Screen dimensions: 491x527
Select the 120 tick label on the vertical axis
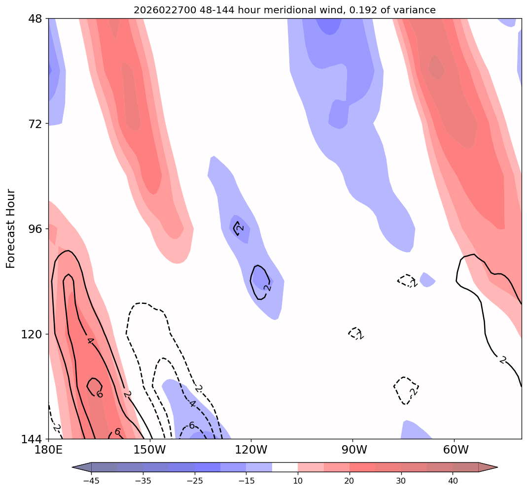[34, 334]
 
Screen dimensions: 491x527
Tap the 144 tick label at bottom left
[34, 439]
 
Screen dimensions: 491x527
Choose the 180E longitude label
[48, 450]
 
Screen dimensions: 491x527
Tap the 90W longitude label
[352, 450]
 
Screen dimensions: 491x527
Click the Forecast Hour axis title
[11, 229]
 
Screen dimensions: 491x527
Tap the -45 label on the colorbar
[91, 481]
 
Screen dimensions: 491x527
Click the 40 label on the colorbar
[453, 481]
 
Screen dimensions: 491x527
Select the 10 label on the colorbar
[298, 481]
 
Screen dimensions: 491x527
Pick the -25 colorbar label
[194, 481]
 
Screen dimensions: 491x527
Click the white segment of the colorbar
[285, 467]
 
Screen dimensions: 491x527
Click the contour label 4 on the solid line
[90, 340]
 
